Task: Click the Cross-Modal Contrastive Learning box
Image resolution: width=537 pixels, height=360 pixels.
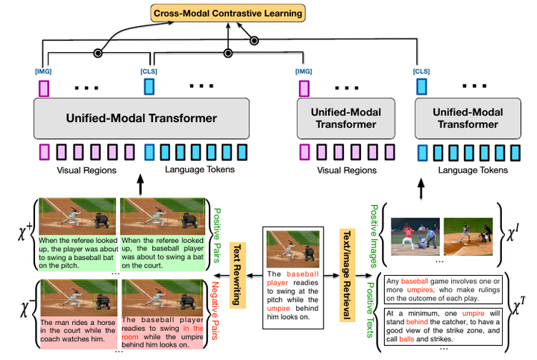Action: pyautogui.click(x=227, y=13)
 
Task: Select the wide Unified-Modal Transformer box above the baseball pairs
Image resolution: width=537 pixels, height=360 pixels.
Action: pyautogui.click(x=142, y=119)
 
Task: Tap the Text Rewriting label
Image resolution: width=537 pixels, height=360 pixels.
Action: pyautogui.click(x=237, y=275)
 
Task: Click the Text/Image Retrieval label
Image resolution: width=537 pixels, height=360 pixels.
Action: pyautogui.click(x=348, y=275)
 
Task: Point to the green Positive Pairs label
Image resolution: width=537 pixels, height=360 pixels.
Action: pyautogui.click(x=217, y=236)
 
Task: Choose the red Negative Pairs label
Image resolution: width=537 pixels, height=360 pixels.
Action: pyautogui.click(x=215, y=311)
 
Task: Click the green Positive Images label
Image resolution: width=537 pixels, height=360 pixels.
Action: pyautogui.click(x=374, y=236)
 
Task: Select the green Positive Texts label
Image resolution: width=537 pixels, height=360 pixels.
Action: pyautogui.click(x=370, y=310)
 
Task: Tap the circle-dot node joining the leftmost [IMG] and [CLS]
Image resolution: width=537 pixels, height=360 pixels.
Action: pyautogui.click(x=98, y=53)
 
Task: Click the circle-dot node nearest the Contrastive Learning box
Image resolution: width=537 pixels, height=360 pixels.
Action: pyautogui.click(x=254, y=41)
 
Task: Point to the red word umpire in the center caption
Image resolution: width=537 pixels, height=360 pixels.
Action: pyautogui.click(x=278, y=309)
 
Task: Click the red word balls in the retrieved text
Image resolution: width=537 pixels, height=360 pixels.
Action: pyautogui.click(x=406, y=339)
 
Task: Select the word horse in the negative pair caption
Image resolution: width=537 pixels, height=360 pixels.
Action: pyautogui.click(x=106, y=322)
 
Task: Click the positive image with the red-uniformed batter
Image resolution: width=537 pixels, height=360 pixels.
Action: pyautogui.click(x=415, y=237)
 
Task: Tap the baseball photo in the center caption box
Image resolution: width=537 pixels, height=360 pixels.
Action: pyautogui.click(x=293, y=249)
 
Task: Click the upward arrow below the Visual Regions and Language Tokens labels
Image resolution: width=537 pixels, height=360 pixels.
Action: pyautogui.click(x=140, y=184)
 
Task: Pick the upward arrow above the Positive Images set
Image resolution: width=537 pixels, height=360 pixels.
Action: pyautogui.click(x=421, y=189)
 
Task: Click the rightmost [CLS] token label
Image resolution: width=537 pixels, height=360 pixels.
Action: pyautogui.click(x=421, y=72)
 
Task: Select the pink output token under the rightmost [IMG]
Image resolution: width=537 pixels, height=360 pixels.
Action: pyautogui.click(x=304, y=88)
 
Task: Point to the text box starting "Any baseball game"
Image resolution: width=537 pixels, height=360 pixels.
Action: pyautogui.click(x=443, y=290)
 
